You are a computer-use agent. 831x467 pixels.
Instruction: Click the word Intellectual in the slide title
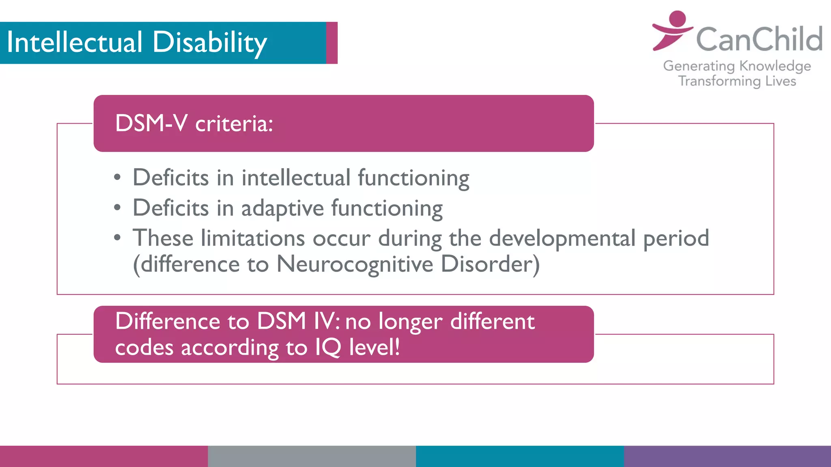75,43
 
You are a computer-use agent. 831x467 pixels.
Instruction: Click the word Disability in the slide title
209,43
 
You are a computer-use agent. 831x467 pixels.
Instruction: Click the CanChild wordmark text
759,39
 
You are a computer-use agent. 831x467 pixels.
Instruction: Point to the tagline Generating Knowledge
737,66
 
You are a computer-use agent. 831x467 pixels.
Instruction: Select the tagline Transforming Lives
737,81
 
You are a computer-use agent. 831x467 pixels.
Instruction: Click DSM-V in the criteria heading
151,123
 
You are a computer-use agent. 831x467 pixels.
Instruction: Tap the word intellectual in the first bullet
296,178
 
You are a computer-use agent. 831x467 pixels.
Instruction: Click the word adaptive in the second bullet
282,208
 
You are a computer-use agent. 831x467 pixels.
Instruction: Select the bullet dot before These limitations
117,238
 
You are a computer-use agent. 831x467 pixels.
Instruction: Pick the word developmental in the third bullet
562,238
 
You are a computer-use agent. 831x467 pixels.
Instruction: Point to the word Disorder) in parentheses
490,264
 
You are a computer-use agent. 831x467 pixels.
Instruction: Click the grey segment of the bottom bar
312,456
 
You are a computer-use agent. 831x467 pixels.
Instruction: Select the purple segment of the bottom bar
727,456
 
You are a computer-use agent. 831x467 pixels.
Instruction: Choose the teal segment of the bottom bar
519,456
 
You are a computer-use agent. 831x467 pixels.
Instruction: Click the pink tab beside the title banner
332,43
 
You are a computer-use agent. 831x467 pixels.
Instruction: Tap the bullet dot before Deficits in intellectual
117,178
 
